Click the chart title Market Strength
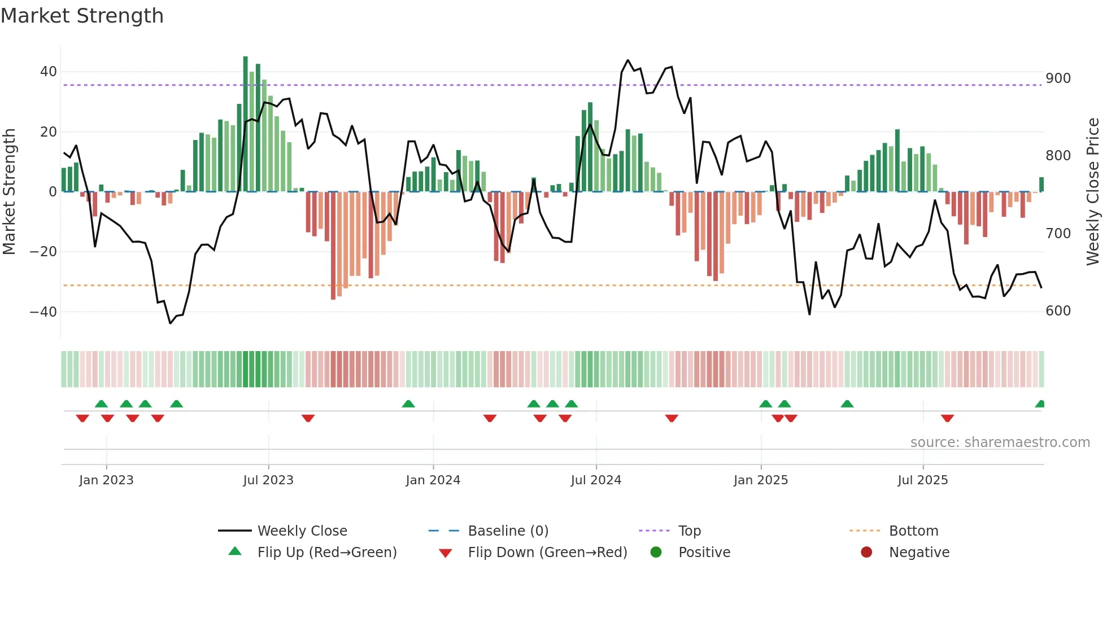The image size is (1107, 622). coord(82,16)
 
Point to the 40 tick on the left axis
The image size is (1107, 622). coord(48,72)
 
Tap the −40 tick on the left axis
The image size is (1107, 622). coord(43,312)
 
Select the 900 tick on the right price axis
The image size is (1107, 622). coord(1058,78)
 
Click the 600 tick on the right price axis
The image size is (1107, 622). coord(1058,311)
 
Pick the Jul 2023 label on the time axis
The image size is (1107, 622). coord(268,480)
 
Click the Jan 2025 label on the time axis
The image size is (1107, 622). coord(760,480)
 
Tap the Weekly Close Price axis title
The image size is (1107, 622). coord(1093,192)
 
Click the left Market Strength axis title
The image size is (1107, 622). coord(9,192)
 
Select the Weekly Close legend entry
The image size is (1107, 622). coord(302,531)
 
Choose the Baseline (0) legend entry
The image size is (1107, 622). coord(508,531)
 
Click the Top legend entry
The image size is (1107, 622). coord(689,531)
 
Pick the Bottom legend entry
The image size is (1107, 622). coord(913,531)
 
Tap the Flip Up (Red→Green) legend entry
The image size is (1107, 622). coord(326,553)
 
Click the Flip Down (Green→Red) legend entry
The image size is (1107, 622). coord(547,553)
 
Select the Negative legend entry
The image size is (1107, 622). coord(918,553)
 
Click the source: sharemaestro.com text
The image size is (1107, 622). coord(1000,443)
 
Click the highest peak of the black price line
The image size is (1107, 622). coord(627,60)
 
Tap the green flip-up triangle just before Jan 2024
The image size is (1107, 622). coord(408,404)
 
